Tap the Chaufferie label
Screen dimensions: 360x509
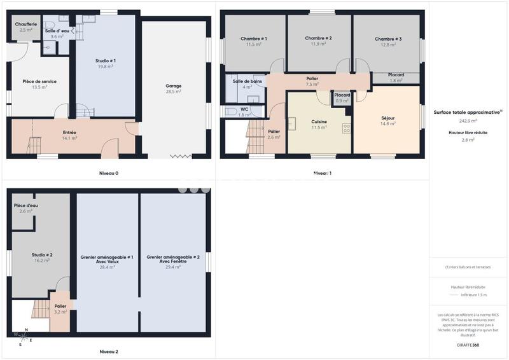(25, 24)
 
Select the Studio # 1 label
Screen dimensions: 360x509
(106, 60)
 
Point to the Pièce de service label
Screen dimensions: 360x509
(39, 81)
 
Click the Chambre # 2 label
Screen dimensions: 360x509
(318, 39)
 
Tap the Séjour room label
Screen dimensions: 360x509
(388, 118)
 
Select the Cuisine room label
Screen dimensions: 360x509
(319, 121)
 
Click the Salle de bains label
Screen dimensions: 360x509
(247, 81)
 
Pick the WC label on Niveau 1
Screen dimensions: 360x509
(244, 109)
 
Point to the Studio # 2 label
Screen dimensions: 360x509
(42, 254)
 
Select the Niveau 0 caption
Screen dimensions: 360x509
(108, 173)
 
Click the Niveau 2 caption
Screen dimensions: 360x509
(108, 351)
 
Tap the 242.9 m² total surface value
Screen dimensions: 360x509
(468, 120)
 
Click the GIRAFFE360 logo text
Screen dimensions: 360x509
(468, 345)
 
